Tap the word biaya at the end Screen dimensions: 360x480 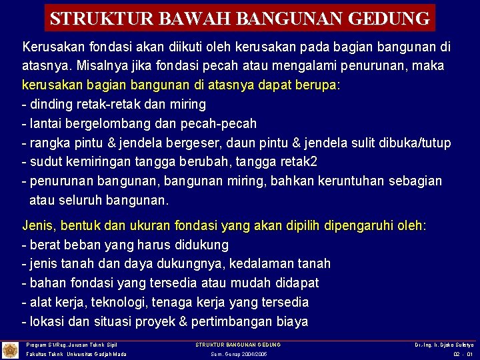coord(291,322)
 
